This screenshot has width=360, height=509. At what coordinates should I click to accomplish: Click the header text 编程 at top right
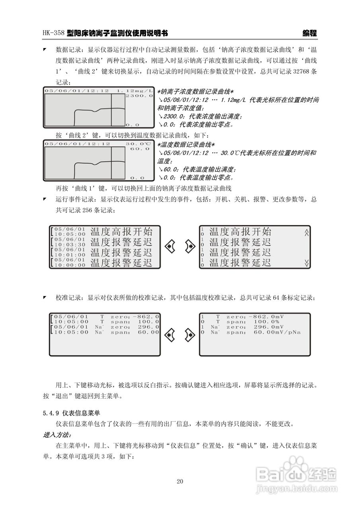click(309, 33)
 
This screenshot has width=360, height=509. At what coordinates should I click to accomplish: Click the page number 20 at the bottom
click(180, 482)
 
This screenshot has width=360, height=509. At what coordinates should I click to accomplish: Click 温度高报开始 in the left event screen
click(121, 231)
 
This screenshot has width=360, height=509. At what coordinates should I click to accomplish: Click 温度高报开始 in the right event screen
click(240, 231)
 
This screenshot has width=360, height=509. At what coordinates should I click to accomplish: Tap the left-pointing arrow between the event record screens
click(170, 247)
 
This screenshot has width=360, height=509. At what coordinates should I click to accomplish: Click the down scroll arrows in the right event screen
click(306, 262)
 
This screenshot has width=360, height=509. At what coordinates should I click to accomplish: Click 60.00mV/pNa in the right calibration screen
click(277, 332)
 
